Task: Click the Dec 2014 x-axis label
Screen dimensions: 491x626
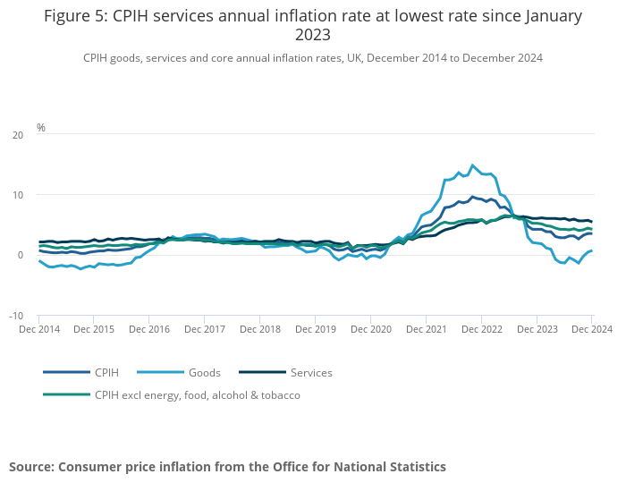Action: [x=39, y=329]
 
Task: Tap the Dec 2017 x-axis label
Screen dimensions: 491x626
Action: [x=205, y=329]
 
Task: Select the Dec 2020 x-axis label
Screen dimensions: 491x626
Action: [x=370, y=329]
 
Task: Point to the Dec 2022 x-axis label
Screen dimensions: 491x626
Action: [x=481, y=329]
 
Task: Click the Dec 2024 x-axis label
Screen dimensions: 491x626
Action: [x=591, y=329]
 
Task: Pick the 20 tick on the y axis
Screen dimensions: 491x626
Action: [x=18, y=135]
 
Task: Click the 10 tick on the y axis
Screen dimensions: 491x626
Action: [x=18, y=195]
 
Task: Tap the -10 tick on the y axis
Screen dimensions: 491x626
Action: [x=16, y=316]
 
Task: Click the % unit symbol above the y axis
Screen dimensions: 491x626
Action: [x=41, y=128]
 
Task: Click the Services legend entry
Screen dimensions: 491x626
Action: [x=310, y=372]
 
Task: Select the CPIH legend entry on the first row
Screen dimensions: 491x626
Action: [x=106, y=372]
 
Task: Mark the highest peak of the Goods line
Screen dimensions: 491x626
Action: [x=473, y=165]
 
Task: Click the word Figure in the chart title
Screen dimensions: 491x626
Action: [x=72, y=16]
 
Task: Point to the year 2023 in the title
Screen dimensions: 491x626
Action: [x=313, y=36]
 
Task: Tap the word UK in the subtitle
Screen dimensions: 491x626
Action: [x=334, y=58]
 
